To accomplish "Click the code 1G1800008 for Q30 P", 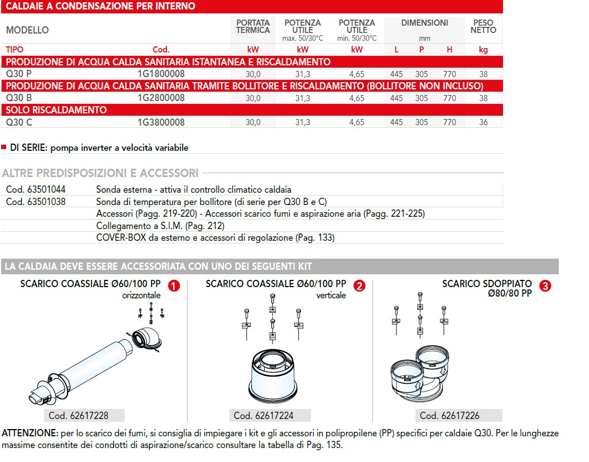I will [x=161, y=74].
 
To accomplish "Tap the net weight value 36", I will [x=483, y=122].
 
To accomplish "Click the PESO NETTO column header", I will [x=483, y=26].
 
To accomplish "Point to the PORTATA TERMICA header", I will [x=253, y=26].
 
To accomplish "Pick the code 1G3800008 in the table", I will [x=161, y=122].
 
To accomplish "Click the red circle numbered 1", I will [x=174, y=286].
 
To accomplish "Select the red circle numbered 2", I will [x=360, y=286].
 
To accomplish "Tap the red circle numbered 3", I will [x=545, y=286].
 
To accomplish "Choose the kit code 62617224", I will [x=264, y=416].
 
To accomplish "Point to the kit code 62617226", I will [x=449, y=416].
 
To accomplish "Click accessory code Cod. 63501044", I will [x=35, y=189].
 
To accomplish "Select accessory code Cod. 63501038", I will [x=35, y=202].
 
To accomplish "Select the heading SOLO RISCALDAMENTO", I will [x=55, y=110].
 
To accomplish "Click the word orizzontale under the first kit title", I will [x=141, y=295].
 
